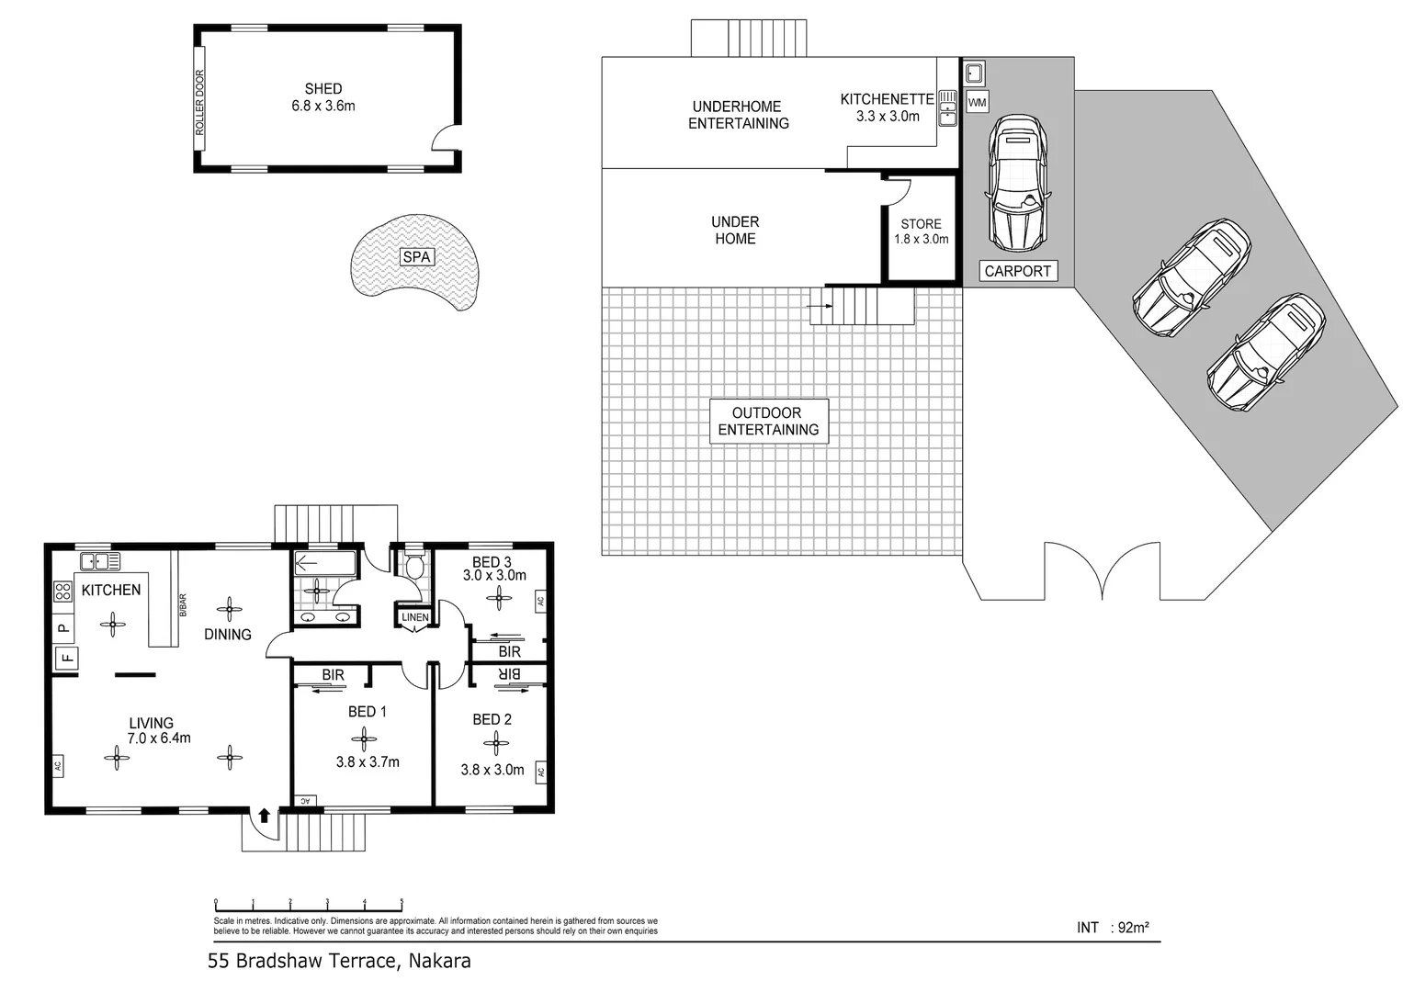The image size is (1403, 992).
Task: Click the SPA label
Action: (416, 257)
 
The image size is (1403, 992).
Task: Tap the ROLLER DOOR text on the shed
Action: (199, 103)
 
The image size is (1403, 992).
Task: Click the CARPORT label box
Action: (1017, 271)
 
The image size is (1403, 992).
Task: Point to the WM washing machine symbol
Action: (977, 103)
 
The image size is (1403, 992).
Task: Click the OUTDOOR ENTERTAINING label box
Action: (768, 422)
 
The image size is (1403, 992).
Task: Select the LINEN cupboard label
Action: (414, 617)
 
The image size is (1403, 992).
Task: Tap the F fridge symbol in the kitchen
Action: (66, 658)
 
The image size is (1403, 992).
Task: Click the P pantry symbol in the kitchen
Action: (63, 628)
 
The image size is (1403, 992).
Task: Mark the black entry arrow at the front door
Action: (265, 815)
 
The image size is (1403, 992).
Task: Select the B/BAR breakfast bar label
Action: (183, 604)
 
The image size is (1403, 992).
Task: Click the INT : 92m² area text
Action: (1113, 928)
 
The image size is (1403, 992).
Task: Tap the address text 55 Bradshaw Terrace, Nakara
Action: (340, 962)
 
